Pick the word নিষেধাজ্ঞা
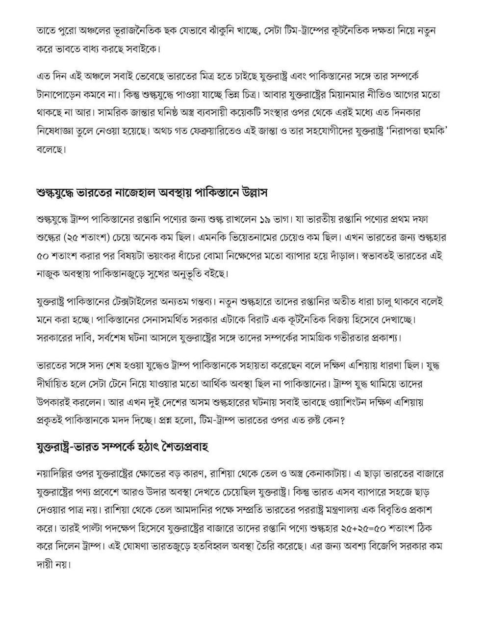[59, 131]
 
